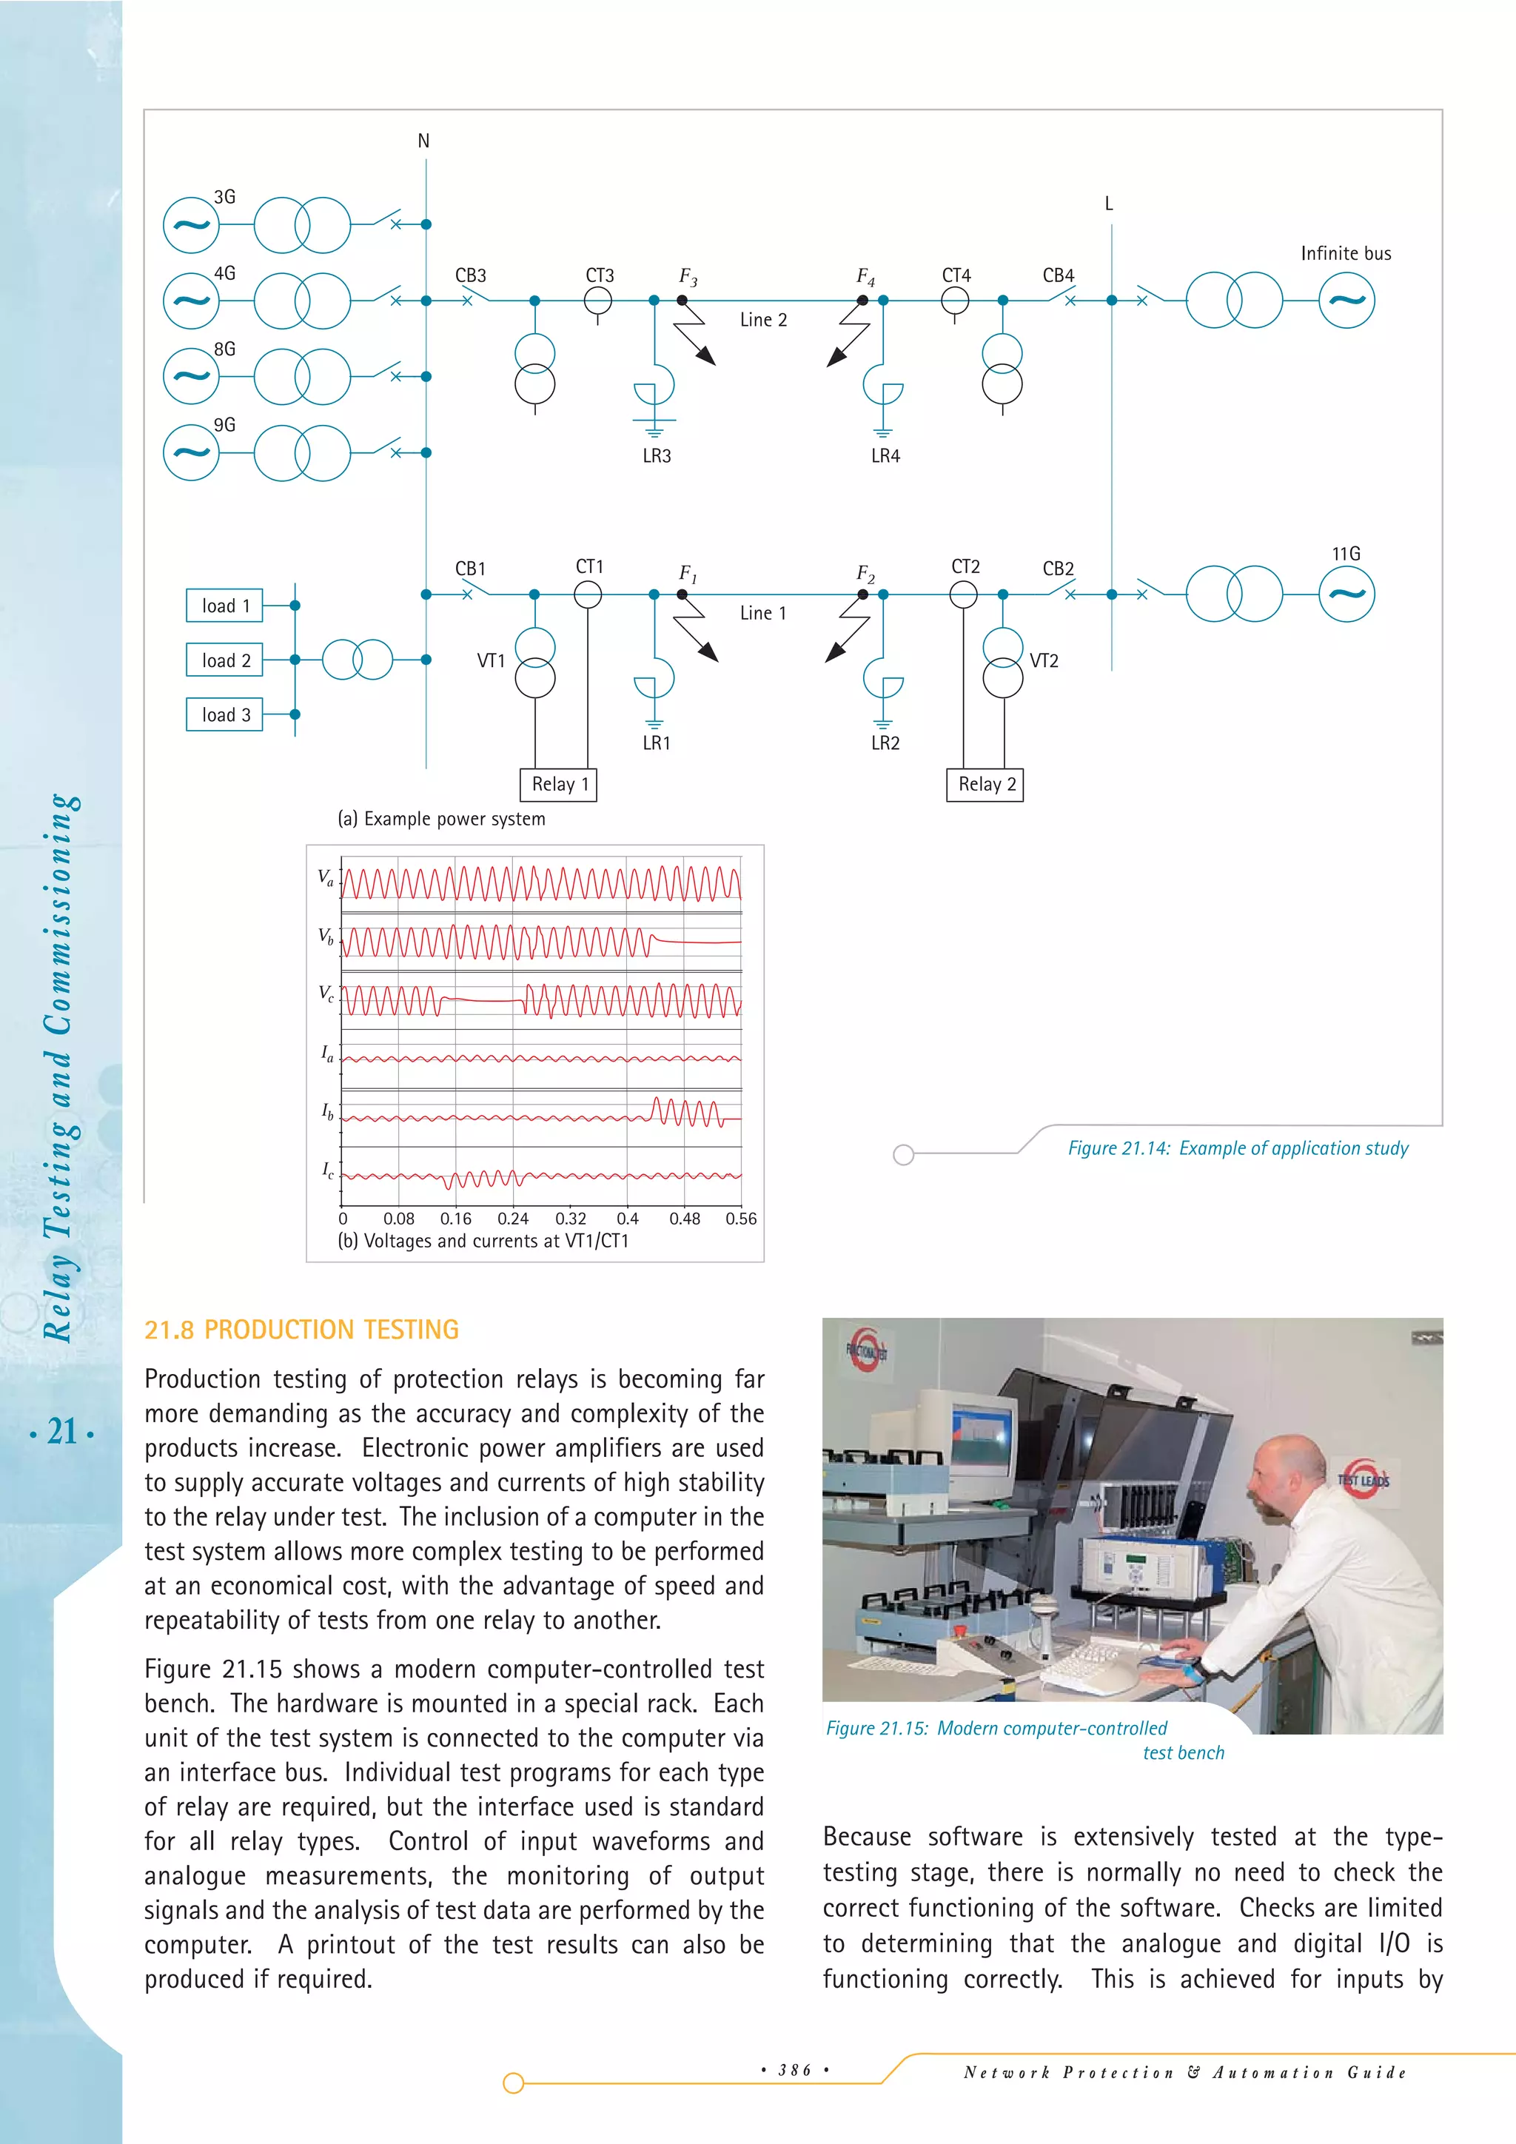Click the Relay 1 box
pyautogui.click(x=558, y=785)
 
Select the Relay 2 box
pyautogui.click(x=985, y=785)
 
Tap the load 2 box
pyautogui.click(x=225, y=660)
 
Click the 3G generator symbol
pyautogui.click(x=192, y=225)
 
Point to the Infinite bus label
pyautogui.click(x=1345, y=253)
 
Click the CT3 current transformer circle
pyautogui.click(x=597, y=301)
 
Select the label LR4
pyautogui.click(x=885, y=456)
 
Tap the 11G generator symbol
pyautogui.click(x=1346, y=594)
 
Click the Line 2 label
pyautogui.click(x=762, y=319)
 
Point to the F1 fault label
pyautogui.click(x=687, y=572)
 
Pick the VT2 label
pyautogui.click(x=1044, y=660)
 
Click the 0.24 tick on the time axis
pyautogui.click(x=512, y=1219)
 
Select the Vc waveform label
pyautogui.click(x=326, y=993)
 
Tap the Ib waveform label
pyautogui.click(x=326, y=1111)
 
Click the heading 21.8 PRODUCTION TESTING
pyautogui.click(x=301, y=1329)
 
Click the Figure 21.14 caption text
pyautogui.click(x=1238, y=1148)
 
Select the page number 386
pyautogui.click(x=794, y=2070)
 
